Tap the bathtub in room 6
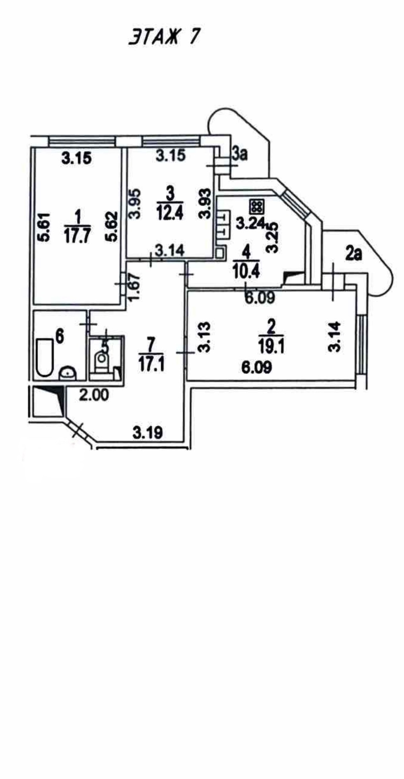click(x=44, y=357)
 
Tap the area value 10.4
click(x=246, y=272)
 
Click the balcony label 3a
click(x=240, y=154)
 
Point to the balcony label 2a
click(x=353, y=254)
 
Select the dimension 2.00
click(x=94, y=395)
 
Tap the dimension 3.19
click(x=148, y=432)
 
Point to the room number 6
click(x=59, y=336)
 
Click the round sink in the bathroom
click(x=68, y=373)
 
